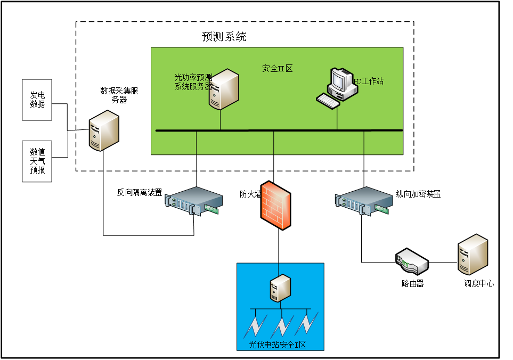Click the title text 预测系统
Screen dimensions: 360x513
click(224, 37)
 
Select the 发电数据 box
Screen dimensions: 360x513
click(37, 100)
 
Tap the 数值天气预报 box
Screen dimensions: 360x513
click(37, 161)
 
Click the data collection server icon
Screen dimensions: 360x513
click(104, 131)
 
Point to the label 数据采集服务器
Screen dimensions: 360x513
click(119, 95)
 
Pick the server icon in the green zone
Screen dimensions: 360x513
click(223, 89)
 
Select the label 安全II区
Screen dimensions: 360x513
click(278, 69)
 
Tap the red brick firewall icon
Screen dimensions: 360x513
click(276, 204)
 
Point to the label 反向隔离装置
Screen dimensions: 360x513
click(140, 193)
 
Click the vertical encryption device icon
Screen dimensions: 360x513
click(363, 202)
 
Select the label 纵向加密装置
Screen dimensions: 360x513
click(418, 194)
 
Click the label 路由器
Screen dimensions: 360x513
click(412, 284)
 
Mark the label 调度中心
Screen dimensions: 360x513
click(478, 284)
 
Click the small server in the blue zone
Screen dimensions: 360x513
click(280, 289)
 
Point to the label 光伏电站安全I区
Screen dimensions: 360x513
click(278, 345)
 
